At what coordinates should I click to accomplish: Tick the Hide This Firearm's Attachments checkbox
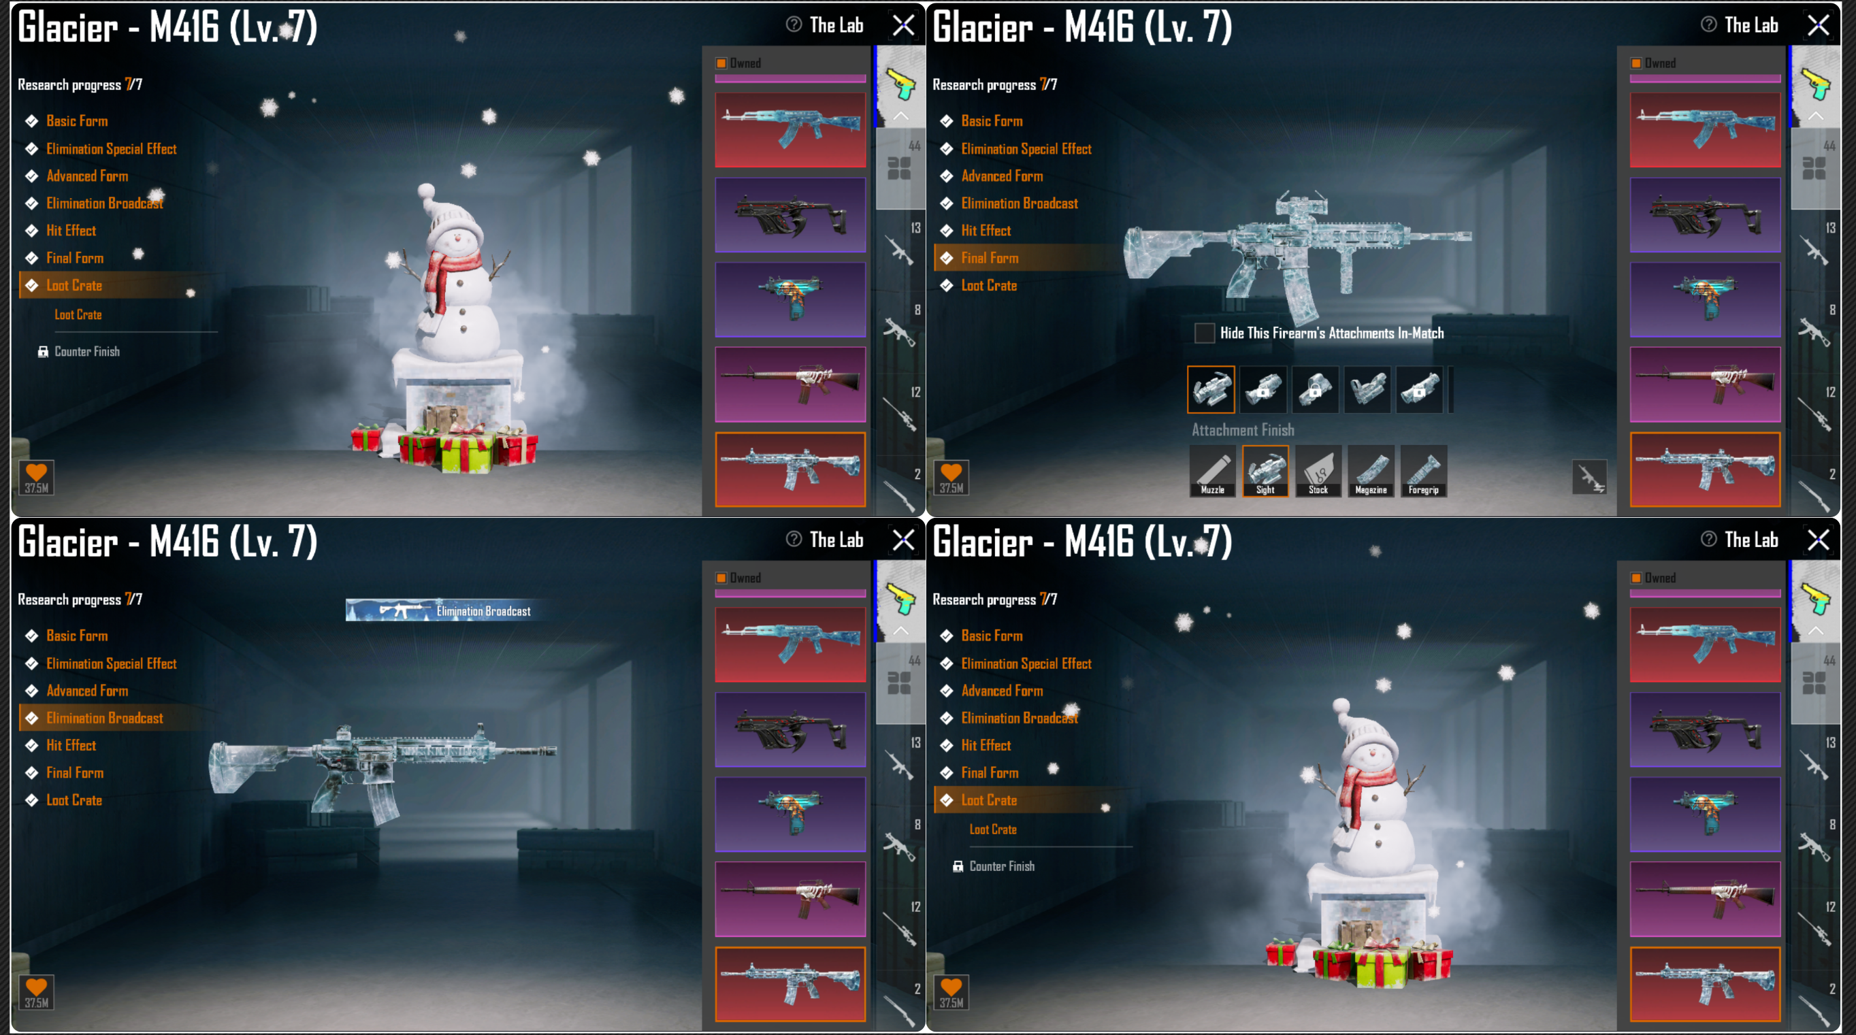[x=1204, y=333]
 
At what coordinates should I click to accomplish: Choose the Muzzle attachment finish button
[x=1213, y=471]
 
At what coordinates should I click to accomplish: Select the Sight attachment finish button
[x=1265, y=471]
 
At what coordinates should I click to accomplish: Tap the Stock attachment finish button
[x=1318, y=471]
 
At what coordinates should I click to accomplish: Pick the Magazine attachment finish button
[x=1370, y=471]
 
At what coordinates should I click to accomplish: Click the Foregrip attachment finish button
[x=1423, y=471]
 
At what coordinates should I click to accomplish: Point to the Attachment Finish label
[x=1243, y=430]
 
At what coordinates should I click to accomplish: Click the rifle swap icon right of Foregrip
[x=1589, y=477]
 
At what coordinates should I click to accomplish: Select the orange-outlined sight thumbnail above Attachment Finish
[x=1210, y=390]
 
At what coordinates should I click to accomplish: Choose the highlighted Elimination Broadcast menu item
[x=104, y=718]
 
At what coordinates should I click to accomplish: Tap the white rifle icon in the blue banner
[x=404, y=611]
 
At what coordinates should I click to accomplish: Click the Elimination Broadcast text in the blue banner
[x=483, y=612]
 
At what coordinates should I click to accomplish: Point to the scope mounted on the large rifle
[x=1301, y=205]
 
